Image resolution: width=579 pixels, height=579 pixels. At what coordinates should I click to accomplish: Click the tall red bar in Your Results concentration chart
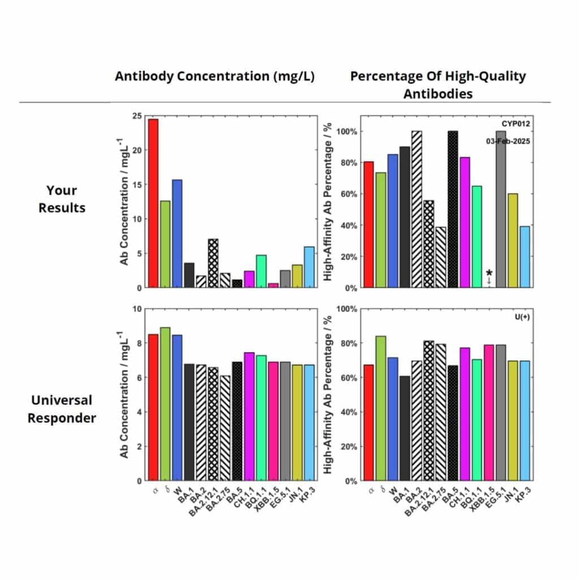tap(153, 204)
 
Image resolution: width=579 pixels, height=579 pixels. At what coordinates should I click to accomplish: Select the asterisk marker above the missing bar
tap(489, 273)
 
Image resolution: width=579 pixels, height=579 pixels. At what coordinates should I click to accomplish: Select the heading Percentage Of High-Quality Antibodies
tap(438, 85)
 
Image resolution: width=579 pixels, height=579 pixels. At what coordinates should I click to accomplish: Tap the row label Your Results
tap(62, 199)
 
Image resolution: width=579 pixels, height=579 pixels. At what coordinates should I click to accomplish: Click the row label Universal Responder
tap(62, 409)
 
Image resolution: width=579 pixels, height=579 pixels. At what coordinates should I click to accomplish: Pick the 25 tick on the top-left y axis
tap(136, 116)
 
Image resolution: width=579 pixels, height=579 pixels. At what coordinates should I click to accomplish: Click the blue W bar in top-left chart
tap(177, 234)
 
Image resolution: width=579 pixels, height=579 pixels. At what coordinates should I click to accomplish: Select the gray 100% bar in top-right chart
tap(500, 209)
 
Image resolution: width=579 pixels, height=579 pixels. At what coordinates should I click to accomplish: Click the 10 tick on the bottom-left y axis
tap(136, 309)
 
